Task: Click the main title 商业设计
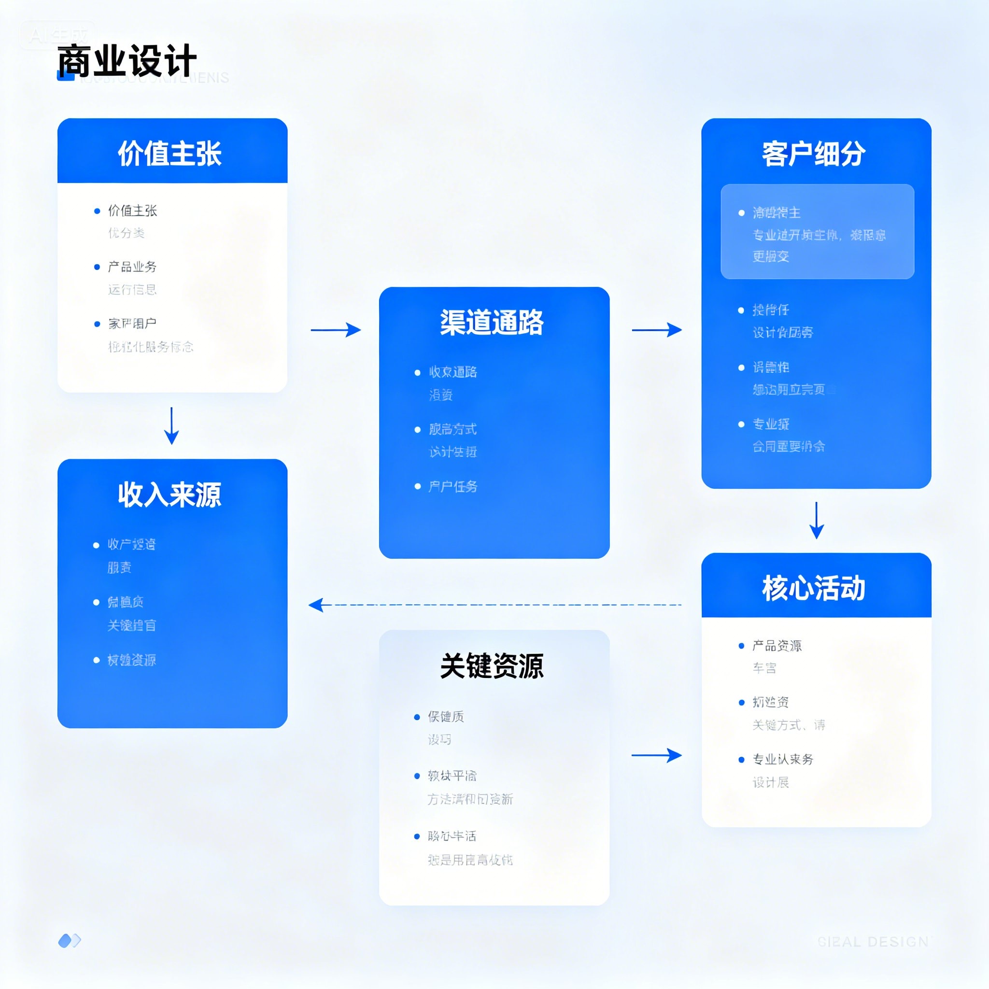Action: coord(127,61)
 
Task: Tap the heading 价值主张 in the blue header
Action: coord(170,153)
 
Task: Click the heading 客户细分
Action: coord(813,153)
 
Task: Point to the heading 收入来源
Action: coord(170,494)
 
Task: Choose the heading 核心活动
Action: coord(813,588)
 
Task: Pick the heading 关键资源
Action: coord(492,666)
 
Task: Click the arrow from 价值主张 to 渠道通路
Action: coord(336,330)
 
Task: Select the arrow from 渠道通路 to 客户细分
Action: coord(657,330)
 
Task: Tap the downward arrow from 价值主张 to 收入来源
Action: coord(171,425)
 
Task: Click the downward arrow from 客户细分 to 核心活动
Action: coord(817,520)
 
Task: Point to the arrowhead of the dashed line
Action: coord(315,605)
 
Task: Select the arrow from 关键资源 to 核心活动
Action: coord(657,755)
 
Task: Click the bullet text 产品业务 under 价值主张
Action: coord(132,267)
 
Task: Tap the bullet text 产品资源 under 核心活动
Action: coord(777,646)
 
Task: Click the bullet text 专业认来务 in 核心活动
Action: coord(783,759)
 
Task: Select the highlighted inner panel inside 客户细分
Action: coord(817,231)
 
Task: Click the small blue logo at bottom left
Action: coord(70,940)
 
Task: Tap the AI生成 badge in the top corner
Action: coord(58,35)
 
